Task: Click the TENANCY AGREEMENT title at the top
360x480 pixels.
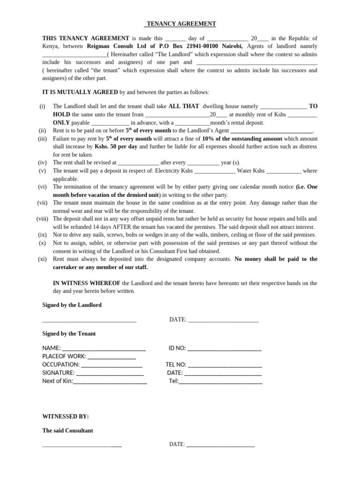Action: coord(180,24)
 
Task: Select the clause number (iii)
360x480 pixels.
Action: coord(43,139)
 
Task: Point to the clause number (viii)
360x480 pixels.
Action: coord(43,219)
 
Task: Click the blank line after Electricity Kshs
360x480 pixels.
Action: coord(214,171)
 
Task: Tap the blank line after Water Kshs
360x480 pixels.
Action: coord(284,171)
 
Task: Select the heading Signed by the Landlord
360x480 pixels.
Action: coord(72,305)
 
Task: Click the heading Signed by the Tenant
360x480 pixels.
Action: coord(69,334)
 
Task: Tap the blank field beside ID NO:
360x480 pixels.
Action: coord(224,349)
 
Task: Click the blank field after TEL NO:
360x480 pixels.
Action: coord(225,365)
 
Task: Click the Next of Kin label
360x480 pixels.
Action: coord(57,381)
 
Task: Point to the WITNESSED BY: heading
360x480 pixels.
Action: coord(65,416)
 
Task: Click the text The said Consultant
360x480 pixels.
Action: coord(67,431)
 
